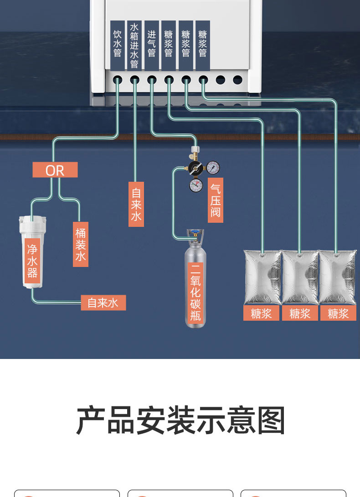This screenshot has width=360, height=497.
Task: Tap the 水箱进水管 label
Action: [134, 45]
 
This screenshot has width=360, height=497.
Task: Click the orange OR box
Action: [55, 170]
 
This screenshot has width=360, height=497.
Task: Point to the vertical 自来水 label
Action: [136, 204]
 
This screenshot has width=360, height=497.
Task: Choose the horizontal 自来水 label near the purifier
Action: [103, 303]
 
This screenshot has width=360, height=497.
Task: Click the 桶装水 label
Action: [81, 245]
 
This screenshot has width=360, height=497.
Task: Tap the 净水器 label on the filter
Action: [32, 261]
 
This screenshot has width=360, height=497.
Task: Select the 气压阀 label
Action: [216, 200]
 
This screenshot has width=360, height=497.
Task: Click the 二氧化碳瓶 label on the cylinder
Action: [195, 293]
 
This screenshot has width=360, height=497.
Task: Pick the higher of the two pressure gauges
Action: [213, 168]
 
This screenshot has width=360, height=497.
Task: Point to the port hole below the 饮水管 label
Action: [118, 80]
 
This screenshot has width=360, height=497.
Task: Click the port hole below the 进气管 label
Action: [152, 80]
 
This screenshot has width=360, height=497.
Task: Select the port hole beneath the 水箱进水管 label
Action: [134, 80]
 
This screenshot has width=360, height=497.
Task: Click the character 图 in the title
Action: [271, 420]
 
